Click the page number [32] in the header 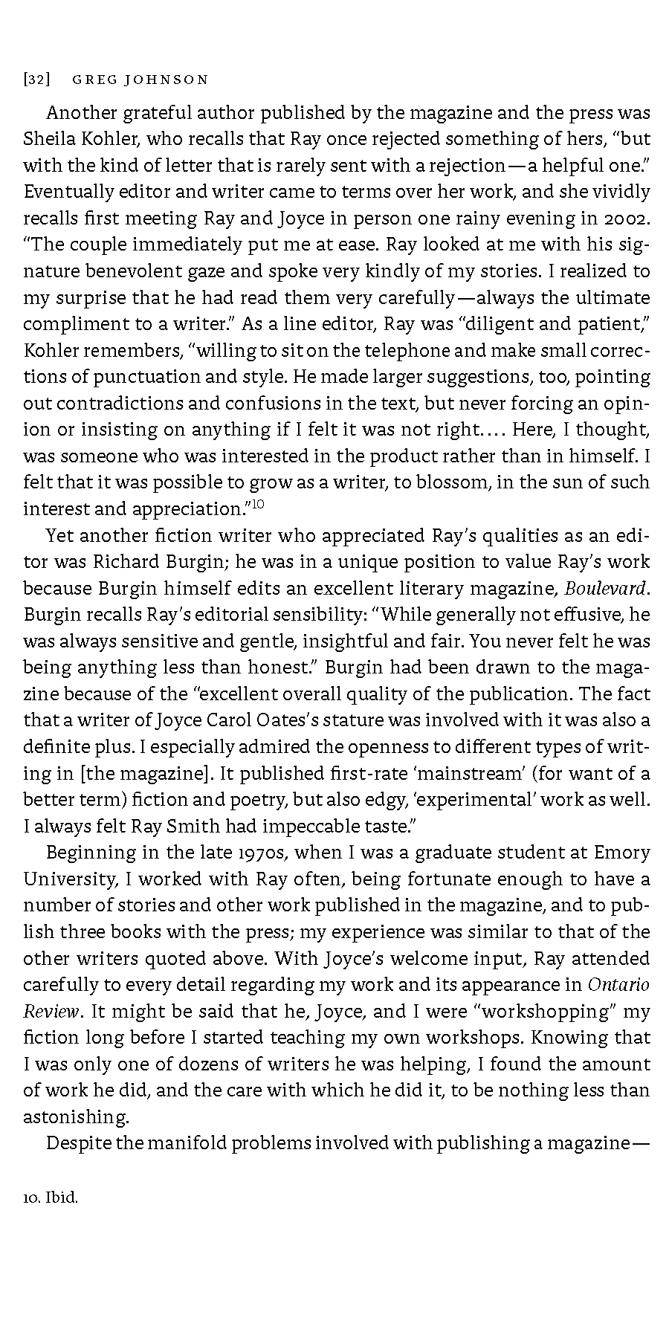click(x=36, y=80)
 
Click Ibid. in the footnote click(x=62, y=1198)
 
